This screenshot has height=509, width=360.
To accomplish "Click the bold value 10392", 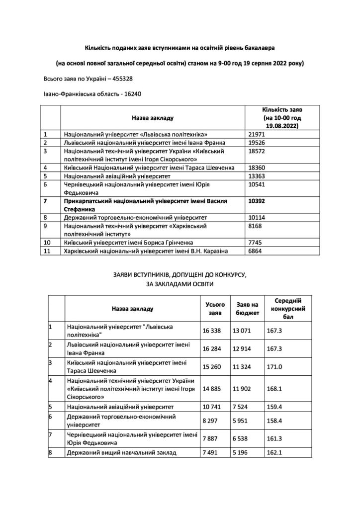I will point(258,202).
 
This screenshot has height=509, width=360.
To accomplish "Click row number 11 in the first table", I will point(48,251).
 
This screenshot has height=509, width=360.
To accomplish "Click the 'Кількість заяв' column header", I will point(282,117).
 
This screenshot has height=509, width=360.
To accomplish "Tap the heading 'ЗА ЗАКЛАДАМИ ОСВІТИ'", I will point(180,284).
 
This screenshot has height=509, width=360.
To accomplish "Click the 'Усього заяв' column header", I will point(215,308).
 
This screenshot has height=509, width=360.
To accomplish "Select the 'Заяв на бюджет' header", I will point(247,308).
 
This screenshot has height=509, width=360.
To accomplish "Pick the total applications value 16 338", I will point(215,330).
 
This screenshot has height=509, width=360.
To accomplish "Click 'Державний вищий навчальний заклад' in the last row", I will point(122,452).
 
